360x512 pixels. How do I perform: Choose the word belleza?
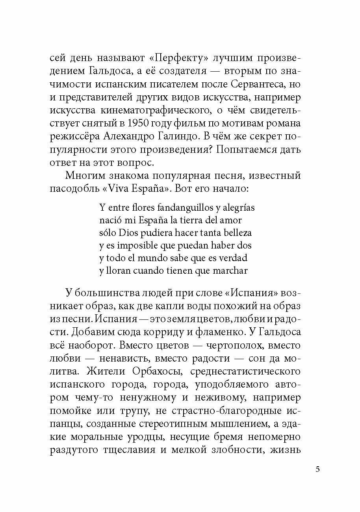click(236, 232)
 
